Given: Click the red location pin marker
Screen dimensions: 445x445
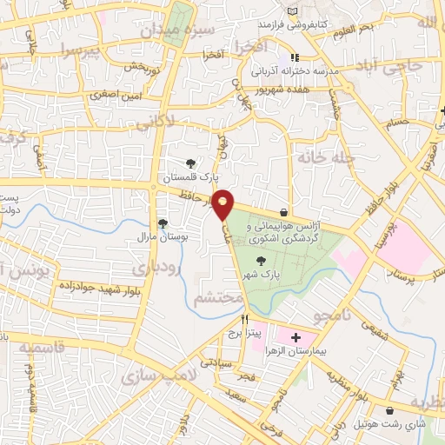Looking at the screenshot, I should (223, 203).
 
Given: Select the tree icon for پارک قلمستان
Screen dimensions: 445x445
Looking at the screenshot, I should (190, 163).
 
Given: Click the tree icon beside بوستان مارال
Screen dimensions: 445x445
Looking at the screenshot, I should (163, 223).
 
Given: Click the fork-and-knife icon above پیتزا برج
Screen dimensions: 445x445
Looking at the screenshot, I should (244, 319).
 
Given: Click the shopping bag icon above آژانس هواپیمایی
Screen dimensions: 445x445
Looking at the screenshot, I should (284, 211).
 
